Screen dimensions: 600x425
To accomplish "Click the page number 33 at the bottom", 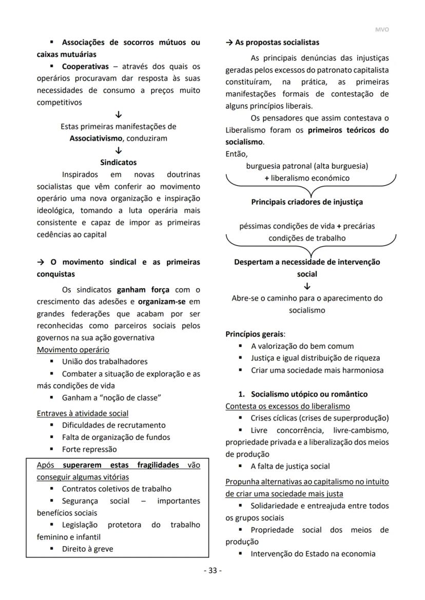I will (212, 571).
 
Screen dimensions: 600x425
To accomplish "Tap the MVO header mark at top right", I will (382, 30).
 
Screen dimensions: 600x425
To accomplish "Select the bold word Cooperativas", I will (85, 67).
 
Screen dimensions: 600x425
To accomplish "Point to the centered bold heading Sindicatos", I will (118, 163).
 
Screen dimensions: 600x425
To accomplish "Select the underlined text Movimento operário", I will (73, 350).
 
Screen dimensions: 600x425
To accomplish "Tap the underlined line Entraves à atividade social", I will (83, 413).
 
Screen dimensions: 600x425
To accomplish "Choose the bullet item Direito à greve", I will (87, 549).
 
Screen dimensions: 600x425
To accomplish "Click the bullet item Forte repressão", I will (89, 449).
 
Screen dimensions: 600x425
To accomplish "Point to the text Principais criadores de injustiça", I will (306, 202).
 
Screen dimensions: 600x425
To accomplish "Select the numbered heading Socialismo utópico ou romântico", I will (309, 394).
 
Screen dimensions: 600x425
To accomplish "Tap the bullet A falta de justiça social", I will (290, 466).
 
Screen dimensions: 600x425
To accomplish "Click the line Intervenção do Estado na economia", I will (313, 554).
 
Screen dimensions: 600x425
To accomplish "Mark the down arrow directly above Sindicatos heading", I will (119, 151).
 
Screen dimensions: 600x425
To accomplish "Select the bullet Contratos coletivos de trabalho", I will (117, 489).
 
